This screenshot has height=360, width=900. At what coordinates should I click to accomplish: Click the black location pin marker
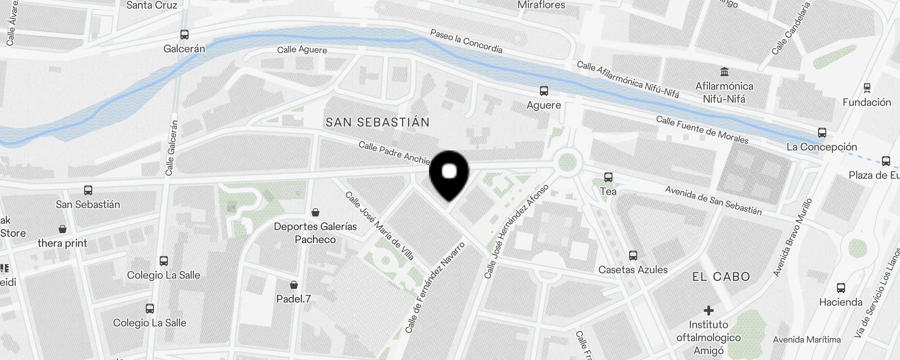click(449, 174)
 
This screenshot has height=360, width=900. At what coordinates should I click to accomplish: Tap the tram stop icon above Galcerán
click(184, 35)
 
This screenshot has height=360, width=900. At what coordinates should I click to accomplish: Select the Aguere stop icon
click(544, 91)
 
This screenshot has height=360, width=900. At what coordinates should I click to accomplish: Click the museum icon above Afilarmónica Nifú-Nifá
click(724, 72)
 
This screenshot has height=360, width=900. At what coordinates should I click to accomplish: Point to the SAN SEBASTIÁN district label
click(378, 122)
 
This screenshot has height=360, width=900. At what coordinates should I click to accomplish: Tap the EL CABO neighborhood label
click(721, 277)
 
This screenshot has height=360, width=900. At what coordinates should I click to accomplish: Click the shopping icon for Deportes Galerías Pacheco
click(315, 212)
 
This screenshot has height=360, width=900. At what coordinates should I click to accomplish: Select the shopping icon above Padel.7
click(294, 285)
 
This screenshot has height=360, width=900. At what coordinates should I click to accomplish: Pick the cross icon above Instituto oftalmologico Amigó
click(708, 310)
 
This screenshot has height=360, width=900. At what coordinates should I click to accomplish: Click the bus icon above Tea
click(608, 177)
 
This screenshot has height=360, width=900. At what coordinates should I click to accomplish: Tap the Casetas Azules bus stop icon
click(633, 256)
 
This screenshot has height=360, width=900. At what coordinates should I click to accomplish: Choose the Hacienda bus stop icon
click(841, 288)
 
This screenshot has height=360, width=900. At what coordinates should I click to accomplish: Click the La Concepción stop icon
click(822, 133)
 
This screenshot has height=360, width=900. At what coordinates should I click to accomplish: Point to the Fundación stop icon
click(867, 88)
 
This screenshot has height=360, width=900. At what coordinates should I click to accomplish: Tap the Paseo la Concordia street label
click(466, 41)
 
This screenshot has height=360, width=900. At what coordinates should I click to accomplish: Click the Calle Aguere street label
click(302, 49)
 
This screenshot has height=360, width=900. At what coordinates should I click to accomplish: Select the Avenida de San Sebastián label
click(713, 200)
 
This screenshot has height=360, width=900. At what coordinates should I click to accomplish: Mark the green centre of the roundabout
click(567, 162)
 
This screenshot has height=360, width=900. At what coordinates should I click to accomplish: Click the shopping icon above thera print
click(63, 229)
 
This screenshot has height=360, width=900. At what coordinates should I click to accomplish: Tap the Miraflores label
click(541, 5)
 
